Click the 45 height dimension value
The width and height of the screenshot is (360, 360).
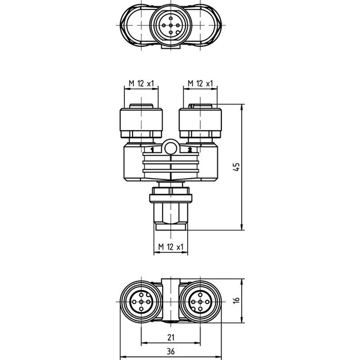point(236,167)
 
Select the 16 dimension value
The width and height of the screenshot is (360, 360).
point(236,300)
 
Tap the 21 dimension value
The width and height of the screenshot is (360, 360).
point(171,337)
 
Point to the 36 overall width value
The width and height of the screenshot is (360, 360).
point(171,351)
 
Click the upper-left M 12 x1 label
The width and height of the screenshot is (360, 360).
point(142,83)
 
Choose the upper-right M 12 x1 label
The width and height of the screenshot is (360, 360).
point(200,83)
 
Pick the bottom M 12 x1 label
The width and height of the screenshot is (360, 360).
point(171,247)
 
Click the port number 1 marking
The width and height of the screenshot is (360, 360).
point(152,150)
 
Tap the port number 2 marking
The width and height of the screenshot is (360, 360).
point(190,150)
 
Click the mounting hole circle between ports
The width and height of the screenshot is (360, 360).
point(170,148)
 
